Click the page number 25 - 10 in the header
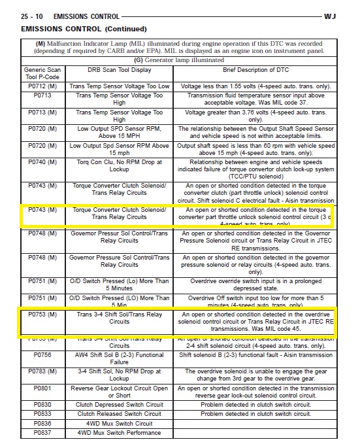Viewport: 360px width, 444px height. coord(33,16)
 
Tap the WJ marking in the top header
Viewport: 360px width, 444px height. coord(348,16)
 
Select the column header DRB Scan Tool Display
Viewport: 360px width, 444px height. coord(120,69)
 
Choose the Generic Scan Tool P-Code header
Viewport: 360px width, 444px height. coord(43,73)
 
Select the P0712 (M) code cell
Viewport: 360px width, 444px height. coord(43,86)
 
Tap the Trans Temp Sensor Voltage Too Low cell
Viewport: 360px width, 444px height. coord(120,86)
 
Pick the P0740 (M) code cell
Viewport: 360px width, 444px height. coord(43,162)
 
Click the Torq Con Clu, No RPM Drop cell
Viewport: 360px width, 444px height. coord(120,166)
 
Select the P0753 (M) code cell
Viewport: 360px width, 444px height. coord(43,315)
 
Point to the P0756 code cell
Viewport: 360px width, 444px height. coord(43,354)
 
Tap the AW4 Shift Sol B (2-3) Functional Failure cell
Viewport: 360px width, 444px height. coord(120,358)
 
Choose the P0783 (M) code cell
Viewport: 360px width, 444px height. coord(43,371)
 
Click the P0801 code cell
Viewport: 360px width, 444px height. coord(43,388)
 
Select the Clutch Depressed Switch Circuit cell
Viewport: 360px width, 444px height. coord(120,405)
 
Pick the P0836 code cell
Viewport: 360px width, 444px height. coord(43,423)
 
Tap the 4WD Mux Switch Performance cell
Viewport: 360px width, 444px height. coord(120,432)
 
